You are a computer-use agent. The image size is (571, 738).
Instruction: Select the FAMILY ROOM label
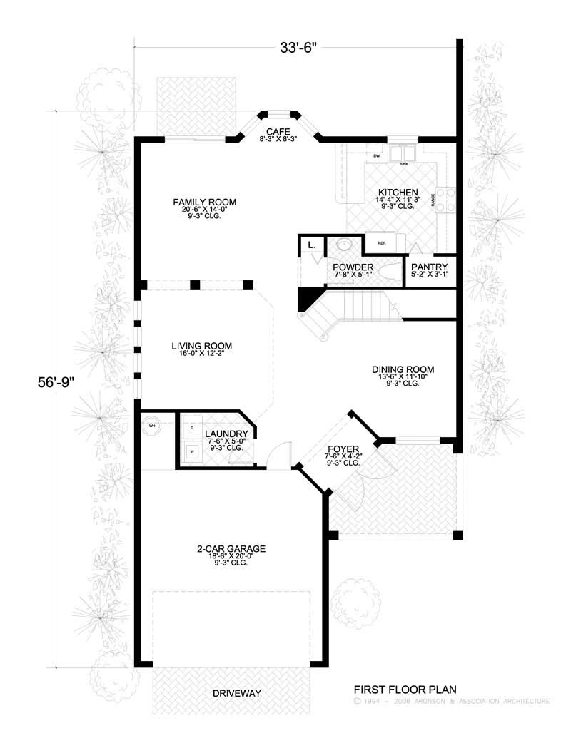(x=204, y=203)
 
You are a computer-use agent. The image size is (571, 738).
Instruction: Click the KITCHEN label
(x=398, y=193)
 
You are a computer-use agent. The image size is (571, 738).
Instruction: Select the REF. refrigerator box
(x=382, y=243)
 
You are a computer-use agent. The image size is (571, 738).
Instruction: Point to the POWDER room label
(x=353, y=267)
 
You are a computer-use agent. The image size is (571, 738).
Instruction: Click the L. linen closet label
(x=311, y=245)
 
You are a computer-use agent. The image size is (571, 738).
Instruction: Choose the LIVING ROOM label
(x=202, y=347)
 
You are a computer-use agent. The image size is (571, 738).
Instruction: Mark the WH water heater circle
(x=152, y=426)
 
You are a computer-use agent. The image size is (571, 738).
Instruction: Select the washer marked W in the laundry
(x=191, y=451)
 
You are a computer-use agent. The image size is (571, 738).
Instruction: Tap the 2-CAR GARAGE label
(x=231, y=549)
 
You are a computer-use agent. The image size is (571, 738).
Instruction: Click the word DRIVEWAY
(x=237, y=693)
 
